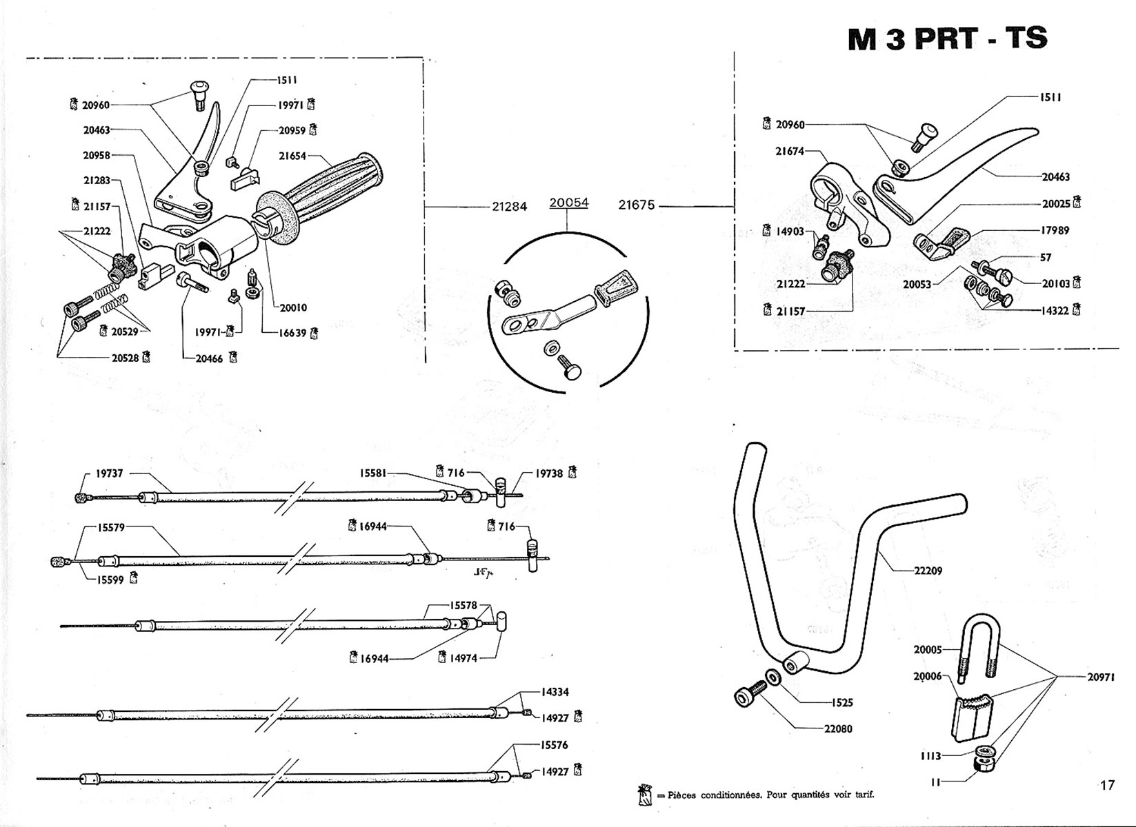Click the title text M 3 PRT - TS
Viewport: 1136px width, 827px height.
pos(947,39)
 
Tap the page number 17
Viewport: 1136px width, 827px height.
pos(1107,785)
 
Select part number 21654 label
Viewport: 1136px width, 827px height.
pos(292,156)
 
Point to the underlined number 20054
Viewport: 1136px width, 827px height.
pos(569,203)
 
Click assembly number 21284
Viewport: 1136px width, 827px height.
pos(510,206)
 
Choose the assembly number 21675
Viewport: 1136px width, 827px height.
pos(636,205)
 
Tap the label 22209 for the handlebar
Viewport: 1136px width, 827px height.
pos(928,571)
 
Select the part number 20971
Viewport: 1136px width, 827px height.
pos(1102,677)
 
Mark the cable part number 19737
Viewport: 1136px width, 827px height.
pos(110,473)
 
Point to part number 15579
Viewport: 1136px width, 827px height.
pos(111,528)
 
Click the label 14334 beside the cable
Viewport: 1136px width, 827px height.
pos(555,692)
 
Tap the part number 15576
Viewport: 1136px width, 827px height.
pos(554,745)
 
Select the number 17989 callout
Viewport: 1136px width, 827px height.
pos(1055,230)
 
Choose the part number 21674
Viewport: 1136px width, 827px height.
pos(790,151)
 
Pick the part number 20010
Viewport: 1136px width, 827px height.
pos(293,307)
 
